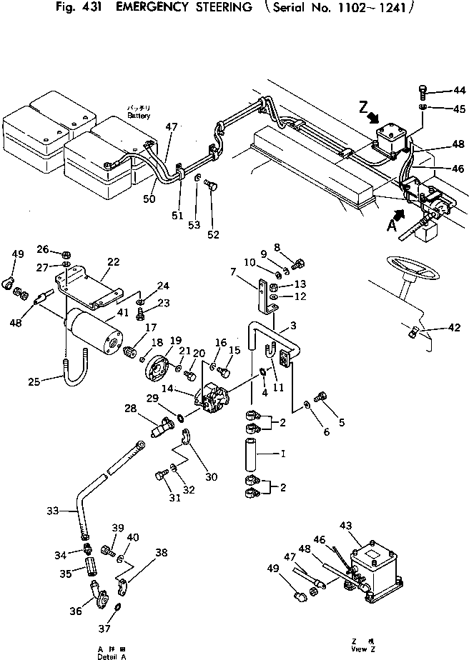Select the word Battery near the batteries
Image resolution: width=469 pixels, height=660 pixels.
pos(139,115)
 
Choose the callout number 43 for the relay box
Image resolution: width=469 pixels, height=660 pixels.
pos(346,526)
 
